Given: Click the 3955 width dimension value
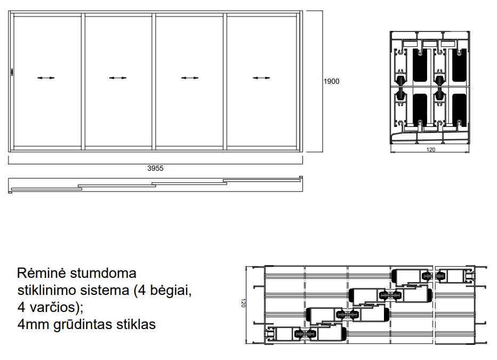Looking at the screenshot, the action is tap(155, 169).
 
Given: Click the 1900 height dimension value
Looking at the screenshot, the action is tap(331, 82).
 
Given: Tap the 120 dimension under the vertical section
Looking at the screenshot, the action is tap(431, 149).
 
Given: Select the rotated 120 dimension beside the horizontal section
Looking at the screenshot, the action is tap(243, 303).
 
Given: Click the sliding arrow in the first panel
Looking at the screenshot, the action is tap(46, 78).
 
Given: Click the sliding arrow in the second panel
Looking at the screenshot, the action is tap(118, 78).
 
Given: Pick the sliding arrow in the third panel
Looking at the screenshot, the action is tap(190, 78).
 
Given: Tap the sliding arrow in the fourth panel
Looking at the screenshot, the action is tap(261, 78).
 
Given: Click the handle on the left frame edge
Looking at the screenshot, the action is tap(12, 72).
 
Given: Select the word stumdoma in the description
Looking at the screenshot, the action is tap(103, 273).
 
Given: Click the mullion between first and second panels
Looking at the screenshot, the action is tap(83, 82).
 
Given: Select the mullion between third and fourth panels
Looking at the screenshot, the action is tap(225, 82).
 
